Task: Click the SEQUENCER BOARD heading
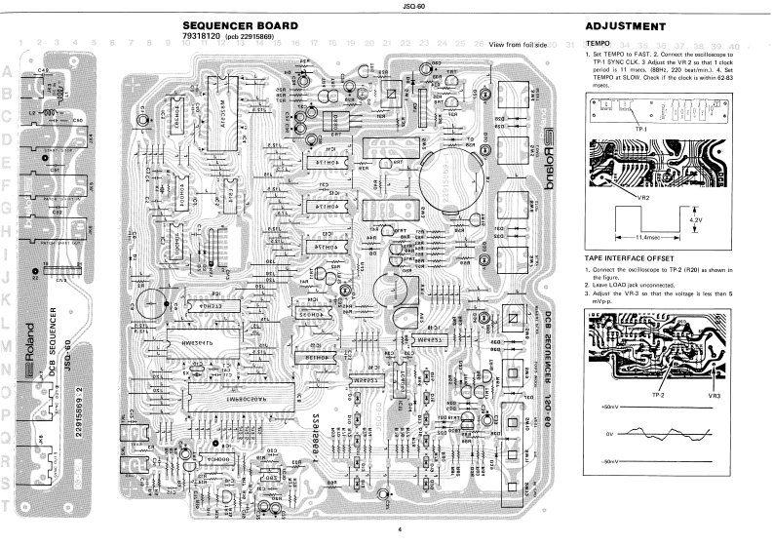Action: click(x=240, y=25)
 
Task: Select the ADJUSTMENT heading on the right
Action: click(x=625, y=26)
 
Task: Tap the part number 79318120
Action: click(x=202, y=36)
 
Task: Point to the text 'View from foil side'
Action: click(x=519, y=45)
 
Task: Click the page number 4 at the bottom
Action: click(x=386, y=528)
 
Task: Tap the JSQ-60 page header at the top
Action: click(x=386, y=6)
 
